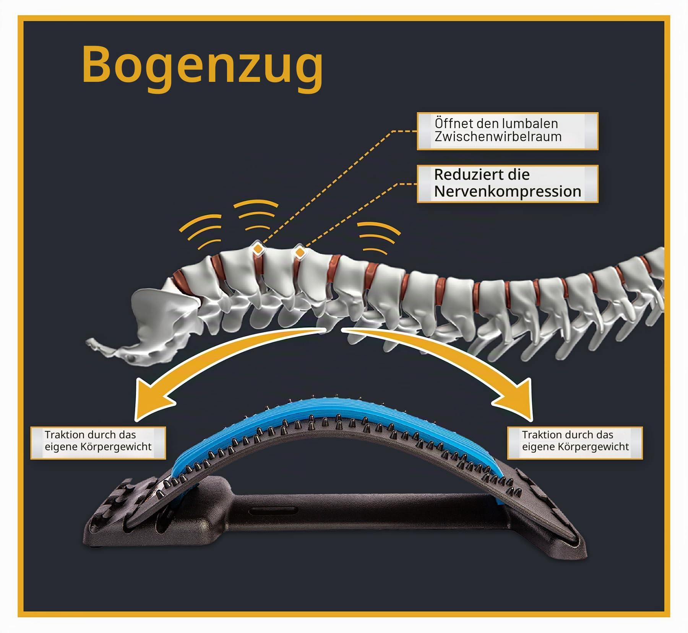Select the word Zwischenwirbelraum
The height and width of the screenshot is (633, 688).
click(x=498, y=137)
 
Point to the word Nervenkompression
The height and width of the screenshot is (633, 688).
click(x=508, y=191)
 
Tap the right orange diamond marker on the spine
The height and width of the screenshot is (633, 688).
click(x=300, y=252)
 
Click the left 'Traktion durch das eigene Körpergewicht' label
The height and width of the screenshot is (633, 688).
click(x=98, y=443)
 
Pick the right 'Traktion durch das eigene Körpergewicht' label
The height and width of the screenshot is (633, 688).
click(x=575, y=443)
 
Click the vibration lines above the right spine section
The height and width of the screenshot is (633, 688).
click(x=378, y=238)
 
